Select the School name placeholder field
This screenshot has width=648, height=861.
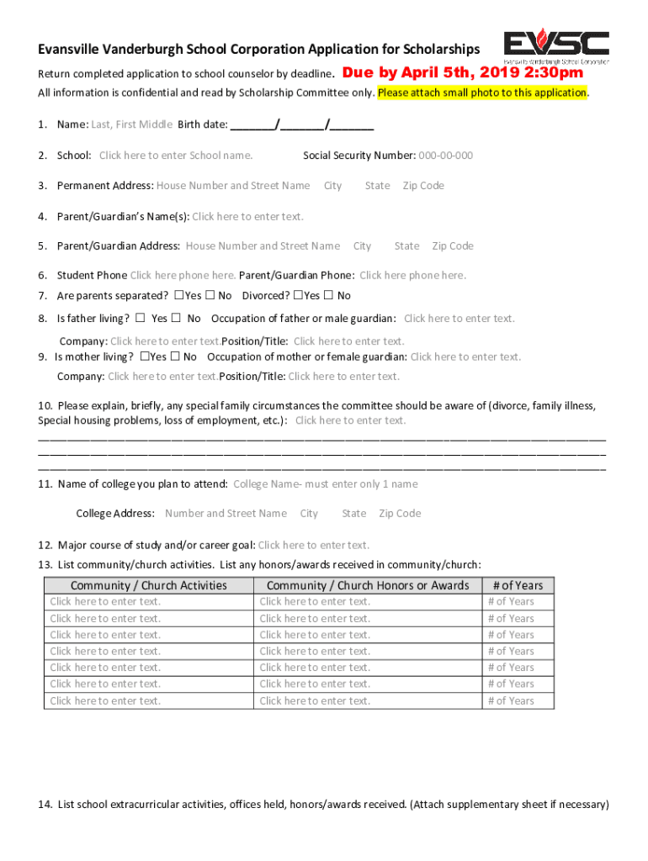[176, 156]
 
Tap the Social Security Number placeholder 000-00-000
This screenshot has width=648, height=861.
[445, 156]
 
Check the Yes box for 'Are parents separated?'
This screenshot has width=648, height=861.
[178, 296]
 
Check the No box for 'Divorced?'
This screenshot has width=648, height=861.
[328, 296]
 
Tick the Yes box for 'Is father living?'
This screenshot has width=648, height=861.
[140, 319]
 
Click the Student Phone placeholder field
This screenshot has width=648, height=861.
[183, 276]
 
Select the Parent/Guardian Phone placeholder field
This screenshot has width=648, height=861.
[412, 276]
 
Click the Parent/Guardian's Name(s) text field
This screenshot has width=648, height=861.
[247, 217]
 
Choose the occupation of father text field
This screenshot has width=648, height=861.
[459, 319]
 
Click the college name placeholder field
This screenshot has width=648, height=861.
[325, 484]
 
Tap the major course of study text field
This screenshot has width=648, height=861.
[313, 545]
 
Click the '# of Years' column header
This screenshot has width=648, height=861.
[518, 585]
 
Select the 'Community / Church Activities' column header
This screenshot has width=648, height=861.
[149, 585]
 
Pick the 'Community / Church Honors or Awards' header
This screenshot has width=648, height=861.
[368, 585]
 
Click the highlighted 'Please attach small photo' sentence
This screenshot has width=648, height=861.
[482, 92]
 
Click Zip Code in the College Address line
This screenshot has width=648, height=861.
[400, 514]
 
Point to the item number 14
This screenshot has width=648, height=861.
[45, 805]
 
